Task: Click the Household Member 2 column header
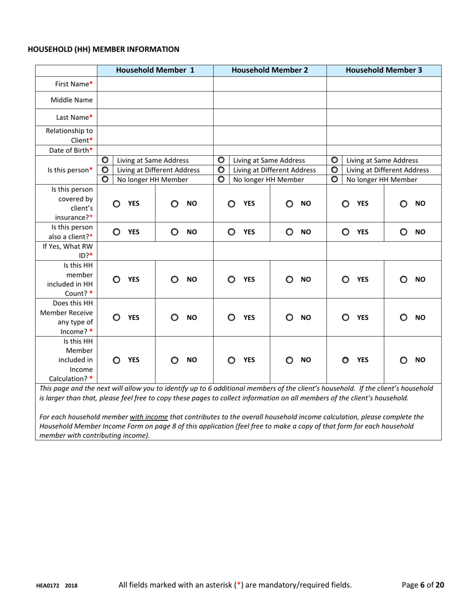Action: tap(270, 70)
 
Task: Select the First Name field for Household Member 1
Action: tap(156, 84)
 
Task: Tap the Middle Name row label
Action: tap(72, 100)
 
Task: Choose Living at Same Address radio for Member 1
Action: tap(105, 160)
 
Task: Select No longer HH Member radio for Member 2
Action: tap(221, 180)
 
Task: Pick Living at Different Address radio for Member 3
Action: tap(334, 170)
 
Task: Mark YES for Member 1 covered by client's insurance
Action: tap(117, 204)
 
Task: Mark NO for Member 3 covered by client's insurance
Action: tap(403, 204)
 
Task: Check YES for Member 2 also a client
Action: tap(232, 231)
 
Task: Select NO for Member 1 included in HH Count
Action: tap(174, 280)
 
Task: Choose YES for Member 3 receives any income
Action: tap(346, 317)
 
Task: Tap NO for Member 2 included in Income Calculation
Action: tap(289, 360)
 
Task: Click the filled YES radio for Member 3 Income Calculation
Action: tap(346, 360)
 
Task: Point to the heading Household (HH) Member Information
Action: tap(103, 49)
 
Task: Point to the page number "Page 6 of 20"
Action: tap(423, 585)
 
